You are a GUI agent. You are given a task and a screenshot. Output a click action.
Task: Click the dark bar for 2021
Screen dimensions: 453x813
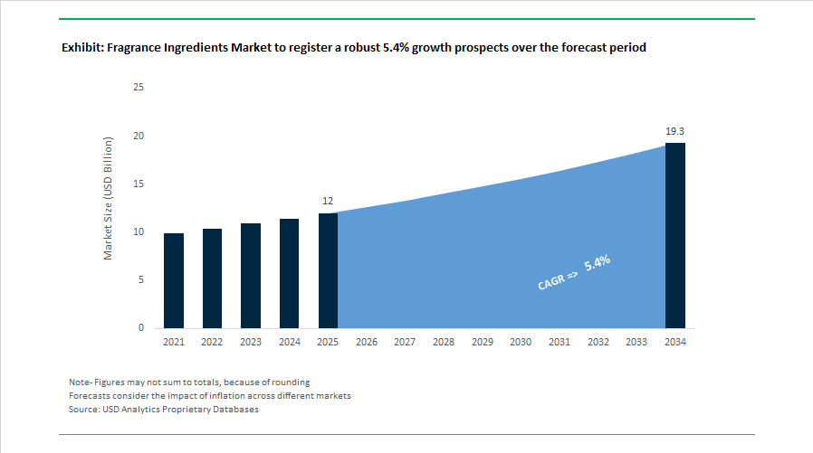[174, 280]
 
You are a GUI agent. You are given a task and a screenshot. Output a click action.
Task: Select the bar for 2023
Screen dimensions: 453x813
[251, 276]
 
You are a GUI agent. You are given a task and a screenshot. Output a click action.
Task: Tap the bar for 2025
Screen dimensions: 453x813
[328, 270]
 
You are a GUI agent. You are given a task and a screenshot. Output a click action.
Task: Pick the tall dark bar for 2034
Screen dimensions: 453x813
[675, 235]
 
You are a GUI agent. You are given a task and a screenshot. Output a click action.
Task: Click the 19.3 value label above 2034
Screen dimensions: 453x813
[675, 131]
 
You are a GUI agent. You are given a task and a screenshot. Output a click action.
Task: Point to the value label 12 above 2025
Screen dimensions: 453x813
[328, 201]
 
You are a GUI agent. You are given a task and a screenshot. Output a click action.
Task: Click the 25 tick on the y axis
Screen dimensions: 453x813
[139, 88]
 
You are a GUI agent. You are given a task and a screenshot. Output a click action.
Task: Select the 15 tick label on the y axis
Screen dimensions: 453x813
[139, 184]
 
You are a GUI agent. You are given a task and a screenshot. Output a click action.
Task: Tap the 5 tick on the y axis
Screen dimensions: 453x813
[141, 279]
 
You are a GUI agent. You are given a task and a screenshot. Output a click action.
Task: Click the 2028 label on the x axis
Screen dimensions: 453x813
[444, 342]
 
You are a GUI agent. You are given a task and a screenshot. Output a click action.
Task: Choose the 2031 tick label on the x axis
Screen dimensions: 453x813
[560, 342]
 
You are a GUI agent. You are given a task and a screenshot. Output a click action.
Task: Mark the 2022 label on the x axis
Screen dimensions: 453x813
[212, 342]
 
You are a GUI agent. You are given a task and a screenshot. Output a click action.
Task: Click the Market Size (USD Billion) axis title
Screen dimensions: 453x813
[108, 200]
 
